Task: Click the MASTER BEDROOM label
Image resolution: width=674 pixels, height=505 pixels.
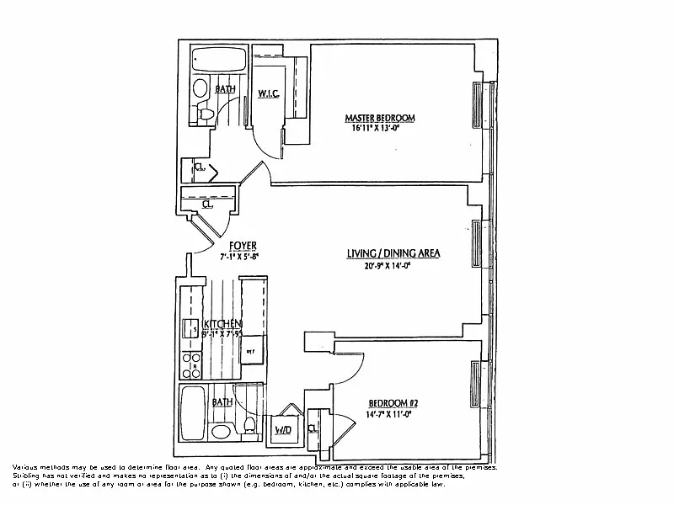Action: (372, 117)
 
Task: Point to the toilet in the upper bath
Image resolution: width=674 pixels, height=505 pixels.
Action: (205, 112)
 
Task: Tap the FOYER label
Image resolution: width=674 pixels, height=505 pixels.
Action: (243, 247)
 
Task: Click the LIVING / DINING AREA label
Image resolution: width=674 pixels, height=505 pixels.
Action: (394, 252)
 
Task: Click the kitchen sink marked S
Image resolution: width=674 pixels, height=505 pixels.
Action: (190, 329)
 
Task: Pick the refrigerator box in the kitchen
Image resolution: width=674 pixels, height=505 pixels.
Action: (251, 349)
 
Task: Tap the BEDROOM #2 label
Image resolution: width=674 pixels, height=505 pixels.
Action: (393, 403)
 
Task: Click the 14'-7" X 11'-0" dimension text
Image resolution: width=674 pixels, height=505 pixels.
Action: (393, 415)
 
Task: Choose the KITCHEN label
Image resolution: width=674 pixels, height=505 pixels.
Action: (222, 324)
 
